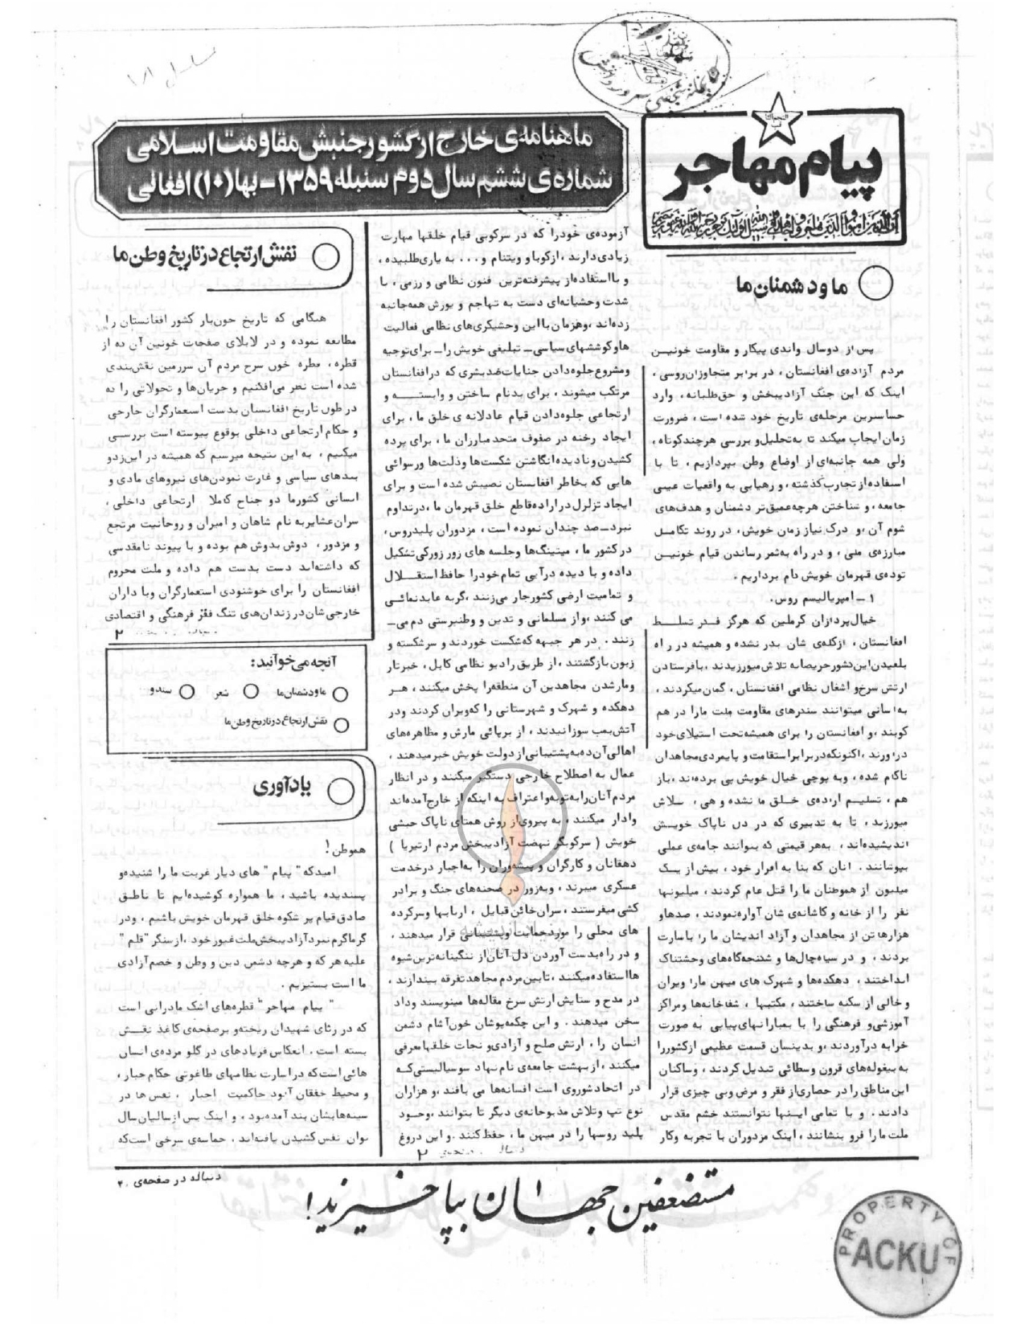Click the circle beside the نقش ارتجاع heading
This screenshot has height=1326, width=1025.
click(326, 257)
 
